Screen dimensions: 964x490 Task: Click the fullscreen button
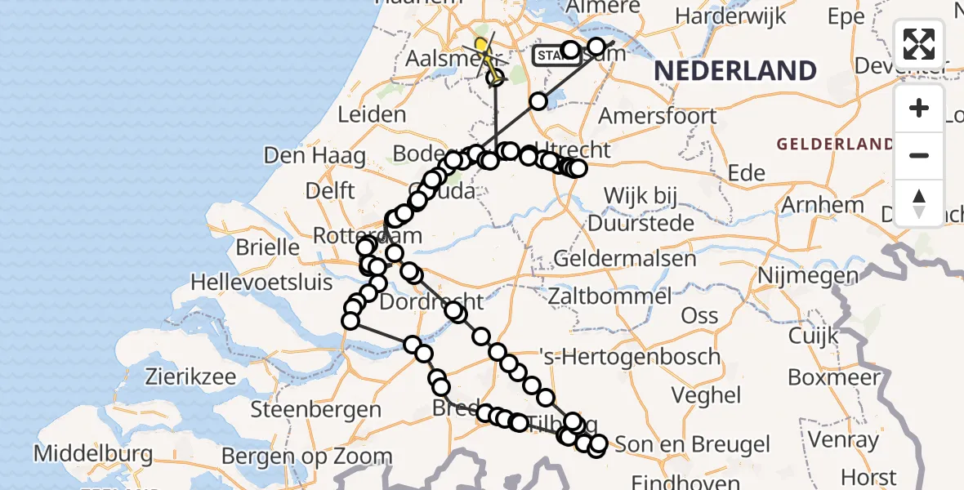click(x=919, y=44)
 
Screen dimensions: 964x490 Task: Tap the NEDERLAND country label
click(x=735, y=71)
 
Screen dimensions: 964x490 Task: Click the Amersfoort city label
click(x=658, y=116)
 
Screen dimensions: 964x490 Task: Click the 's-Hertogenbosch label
click(x=629, y=357)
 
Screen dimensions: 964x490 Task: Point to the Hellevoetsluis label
click(x=261, y=283)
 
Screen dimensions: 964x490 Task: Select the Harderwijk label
click(x=730, y=16)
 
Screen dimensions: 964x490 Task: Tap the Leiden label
click(x=372, y=115)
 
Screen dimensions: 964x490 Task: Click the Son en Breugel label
click(x=692, y=445)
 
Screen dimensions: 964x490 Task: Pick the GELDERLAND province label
click(x=835, y=145)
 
